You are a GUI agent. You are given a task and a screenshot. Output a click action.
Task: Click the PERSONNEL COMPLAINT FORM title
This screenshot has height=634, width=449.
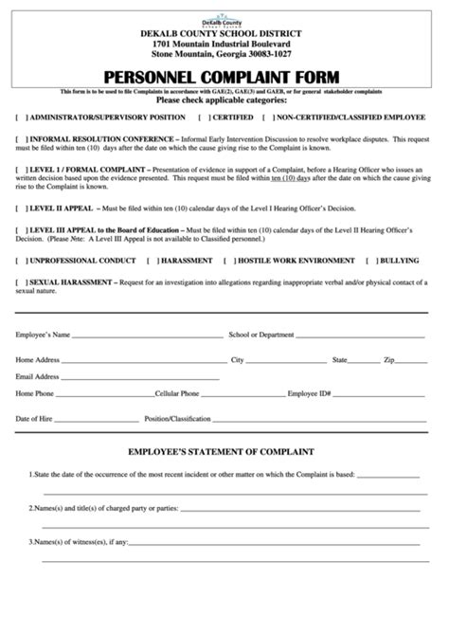[x=224, y=75]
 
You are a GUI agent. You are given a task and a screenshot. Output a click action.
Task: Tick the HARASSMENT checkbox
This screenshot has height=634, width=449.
[x=157, y=259]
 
